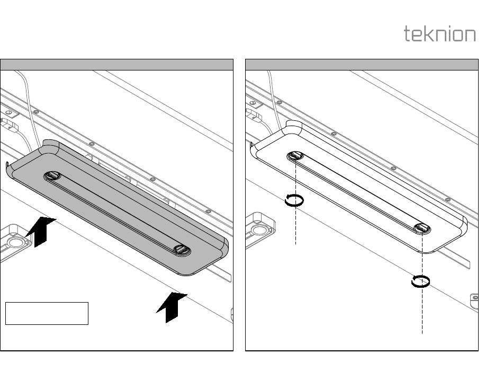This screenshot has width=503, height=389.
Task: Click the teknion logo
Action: tap(439, 34)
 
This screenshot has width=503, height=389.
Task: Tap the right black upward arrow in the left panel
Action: tap(172, 307)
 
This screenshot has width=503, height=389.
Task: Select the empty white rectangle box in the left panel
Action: tap(47, 313)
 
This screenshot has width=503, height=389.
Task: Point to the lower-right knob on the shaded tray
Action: tap(182, 249)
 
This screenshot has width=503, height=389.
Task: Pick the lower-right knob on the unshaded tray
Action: tap(421, 228)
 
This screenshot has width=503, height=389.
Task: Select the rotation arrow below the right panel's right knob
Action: tap(420, 281)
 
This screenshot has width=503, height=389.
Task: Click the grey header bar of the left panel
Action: tap(116, 65)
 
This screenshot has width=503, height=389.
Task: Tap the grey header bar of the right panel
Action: tap(362, 65)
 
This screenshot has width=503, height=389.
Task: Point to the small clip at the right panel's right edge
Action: tap(474, 300)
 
